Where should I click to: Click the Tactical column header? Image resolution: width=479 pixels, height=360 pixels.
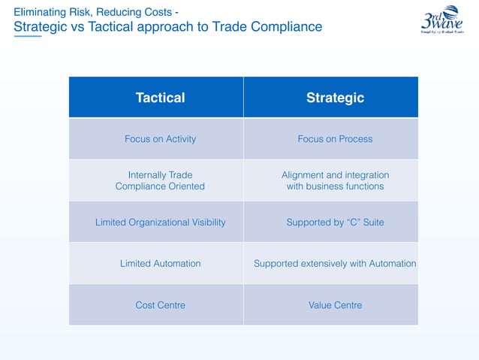coord(160,98)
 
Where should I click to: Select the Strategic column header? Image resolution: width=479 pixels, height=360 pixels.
coord(335,98)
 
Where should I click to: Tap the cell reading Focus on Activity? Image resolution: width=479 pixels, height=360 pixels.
coord(160,139)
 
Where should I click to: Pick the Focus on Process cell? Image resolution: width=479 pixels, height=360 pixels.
coord(335,139)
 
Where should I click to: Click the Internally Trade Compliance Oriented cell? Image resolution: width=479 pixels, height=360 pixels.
coord(160,180)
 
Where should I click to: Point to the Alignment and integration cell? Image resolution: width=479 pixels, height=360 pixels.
coord(335,180)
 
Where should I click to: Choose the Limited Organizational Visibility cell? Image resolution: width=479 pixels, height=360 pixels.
coord(160,222)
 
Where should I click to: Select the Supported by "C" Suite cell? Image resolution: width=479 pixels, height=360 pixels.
coord(335,222)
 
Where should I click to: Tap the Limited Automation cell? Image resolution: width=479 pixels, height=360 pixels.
coord(160,264)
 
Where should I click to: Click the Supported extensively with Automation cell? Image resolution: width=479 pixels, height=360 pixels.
coord(335,264)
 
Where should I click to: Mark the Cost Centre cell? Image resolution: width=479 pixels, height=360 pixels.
coord(160,305)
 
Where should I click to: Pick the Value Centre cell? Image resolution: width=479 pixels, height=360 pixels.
coord(335,305)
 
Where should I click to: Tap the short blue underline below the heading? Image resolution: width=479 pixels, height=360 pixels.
coord(28,36)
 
